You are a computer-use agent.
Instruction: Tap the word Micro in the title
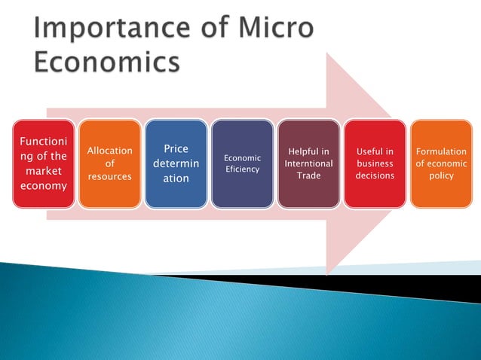274,29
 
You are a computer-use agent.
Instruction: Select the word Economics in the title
106,63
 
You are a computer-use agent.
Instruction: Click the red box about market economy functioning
43,163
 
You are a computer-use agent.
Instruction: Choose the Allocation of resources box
109,163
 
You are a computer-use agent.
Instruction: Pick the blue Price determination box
176,163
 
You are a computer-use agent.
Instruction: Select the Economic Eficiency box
242,163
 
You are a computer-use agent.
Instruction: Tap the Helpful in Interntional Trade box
308,163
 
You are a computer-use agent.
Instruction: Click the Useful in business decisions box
375,163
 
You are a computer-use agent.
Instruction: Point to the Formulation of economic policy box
441,163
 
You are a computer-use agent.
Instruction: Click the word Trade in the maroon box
308,175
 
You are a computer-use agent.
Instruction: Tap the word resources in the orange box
109,176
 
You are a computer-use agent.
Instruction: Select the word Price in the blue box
176,149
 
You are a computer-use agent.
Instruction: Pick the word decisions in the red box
375,175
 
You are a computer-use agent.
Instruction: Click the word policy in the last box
441,175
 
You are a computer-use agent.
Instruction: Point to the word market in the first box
43,171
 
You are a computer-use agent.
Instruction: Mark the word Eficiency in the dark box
242,169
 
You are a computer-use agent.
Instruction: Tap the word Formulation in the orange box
441,151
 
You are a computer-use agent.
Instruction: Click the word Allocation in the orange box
109,151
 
